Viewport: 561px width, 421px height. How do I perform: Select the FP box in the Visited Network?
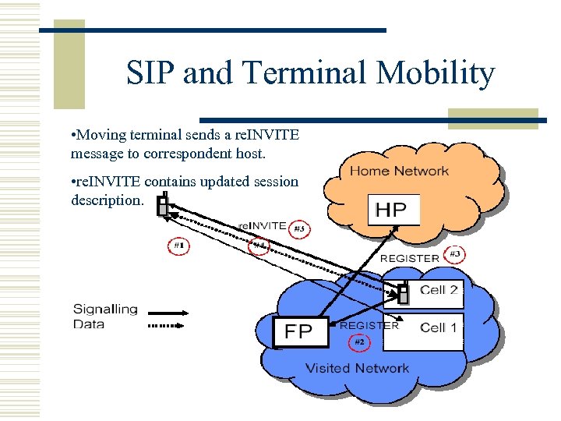[298, 331]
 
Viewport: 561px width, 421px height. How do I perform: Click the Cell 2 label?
[439, 290]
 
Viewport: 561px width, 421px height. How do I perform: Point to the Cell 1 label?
[439, 327]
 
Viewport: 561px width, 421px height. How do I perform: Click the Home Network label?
[399, 171]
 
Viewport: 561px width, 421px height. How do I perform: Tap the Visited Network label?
[357, 368]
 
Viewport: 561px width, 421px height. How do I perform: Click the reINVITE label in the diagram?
[262, 225]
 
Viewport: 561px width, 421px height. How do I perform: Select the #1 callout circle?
[178, 245]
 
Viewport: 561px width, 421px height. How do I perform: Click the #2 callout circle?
[359, 341]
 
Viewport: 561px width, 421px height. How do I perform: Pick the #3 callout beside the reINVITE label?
[298, 229]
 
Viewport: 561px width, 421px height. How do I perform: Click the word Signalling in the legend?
[105, 310]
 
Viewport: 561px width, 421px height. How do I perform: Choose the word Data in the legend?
[88, 324]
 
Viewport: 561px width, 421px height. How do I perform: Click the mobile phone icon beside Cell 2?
[404, 293]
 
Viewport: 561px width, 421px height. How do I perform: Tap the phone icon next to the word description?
[163, 205]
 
